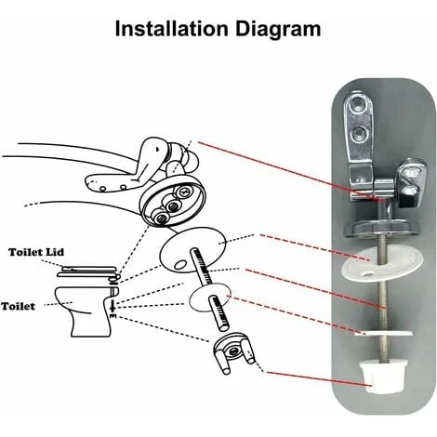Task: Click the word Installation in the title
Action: click(x=171, y=29)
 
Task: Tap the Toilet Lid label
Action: click(x=36, y=252)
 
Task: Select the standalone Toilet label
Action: click(x=18, y=306)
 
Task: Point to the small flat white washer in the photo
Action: click(x=384, y=334)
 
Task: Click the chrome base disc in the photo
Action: click(x=383, y=228)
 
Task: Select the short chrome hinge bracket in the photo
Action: click(x=412, y=183)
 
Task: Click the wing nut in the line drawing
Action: click(x=234, y=353)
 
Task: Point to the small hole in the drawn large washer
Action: click(x=180, y=265)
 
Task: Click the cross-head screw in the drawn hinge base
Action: click(x=184, y=192)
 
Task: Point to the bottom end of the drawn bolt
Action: click(x=224, y=327)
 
